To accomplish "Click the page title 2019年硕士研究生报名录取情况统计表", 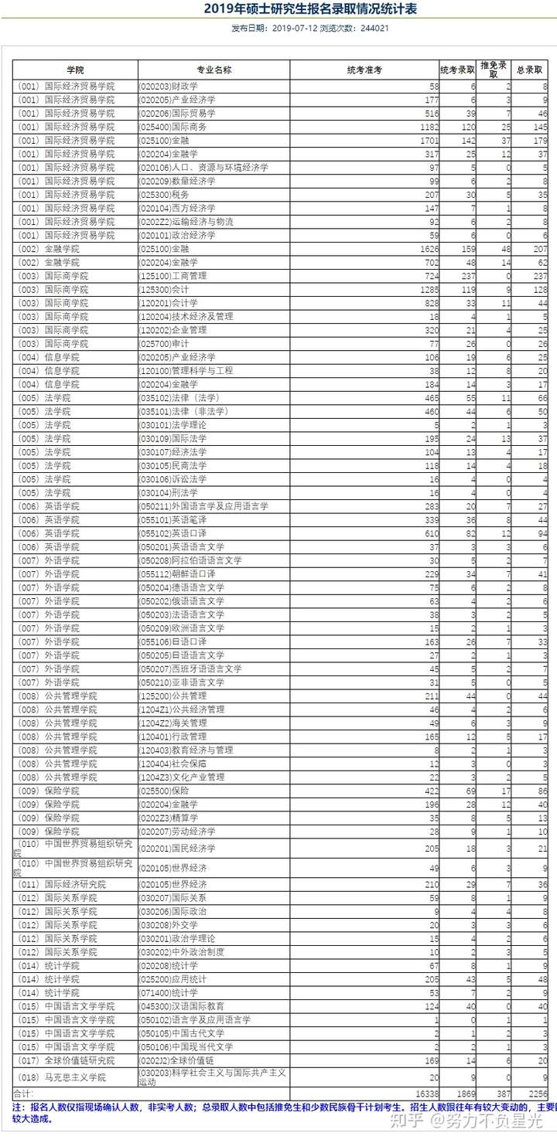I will [278, 9].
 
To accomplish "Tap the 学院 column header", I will [75, 70].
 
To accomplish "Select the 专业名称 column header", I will [214, 70].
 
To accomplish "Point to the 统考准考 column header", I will [364, 70].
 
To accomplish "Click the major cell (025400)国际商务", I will [167, 127].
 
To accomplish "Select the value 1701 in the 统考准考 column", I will [426, 141].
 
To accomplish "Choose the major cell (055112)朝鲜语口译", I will [172, 574].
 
